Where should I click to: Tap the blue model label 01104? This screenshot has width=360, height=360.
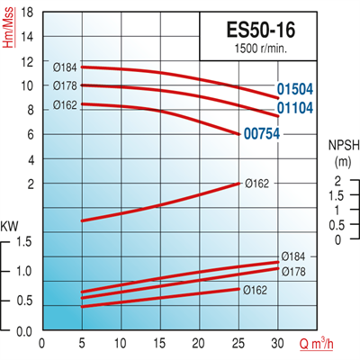click(296, 109)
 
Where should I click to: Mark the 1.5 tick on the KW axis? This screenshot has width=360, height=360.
click(24, 242)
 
